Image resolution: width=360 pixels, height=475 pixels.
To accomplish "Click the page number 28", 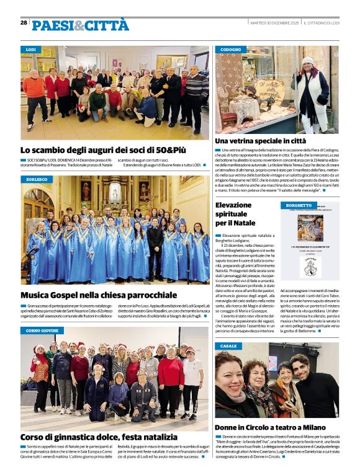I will tap(24, 22).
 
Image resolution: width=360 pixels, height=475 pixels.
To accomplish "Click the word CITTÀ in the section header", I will tap(107, 25).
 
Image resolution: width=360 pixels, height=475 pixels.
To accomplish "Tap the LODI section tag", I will tap(31, 49).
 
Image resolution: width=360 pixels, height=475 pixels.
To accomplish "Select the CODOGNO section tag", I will tap(230, 49).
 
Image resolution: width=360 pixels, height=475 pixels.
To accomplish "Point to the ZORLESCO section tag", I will tap(37, 179).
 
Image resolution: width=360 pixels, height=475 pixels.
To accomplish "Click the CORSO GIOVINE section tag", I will tap(42, 331).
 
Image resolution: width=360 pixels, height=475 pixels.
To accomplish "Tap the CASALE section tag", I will tap(228, 346).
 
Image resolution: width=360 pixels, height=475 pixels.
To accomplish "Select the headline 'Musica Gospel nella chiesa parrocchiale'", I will tap(99, 295).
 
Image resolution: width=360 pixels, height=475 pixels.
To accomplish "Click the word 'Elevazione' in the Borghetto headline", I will tap(233, 205).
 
